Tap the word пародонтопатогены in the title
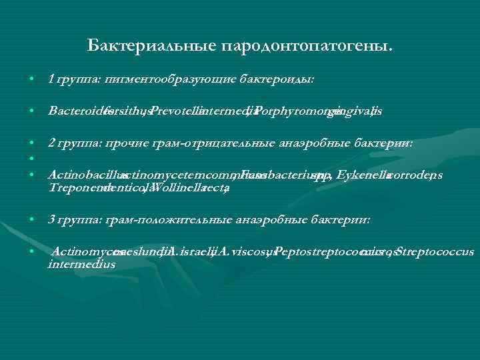click(x=307, y=46)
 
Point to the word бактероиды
click(x=277, y=79)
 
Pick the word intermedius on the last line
click(x=81, y=264)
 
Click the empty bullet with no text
click(x=31, y=158)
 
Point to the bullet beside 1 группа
click(x=31, y=79)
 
